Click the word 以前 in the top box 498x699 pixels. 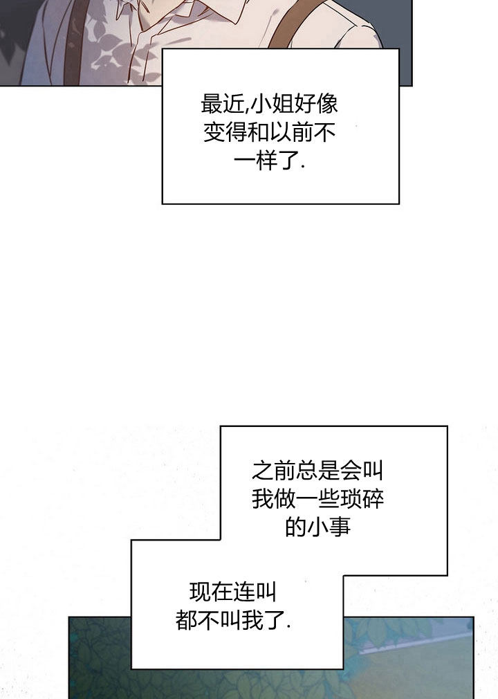click(x=291, y=132)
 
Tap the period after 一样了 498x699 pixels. click(x=304, y=167)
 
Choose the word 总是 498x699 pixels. click(x=317, y=471)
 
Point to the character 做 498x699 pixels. click(x=285, y=499)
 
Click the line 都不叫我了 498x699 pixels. click(x=233, y=620)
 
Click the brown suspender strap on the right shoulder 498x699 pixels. click(x=294, y=24)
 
